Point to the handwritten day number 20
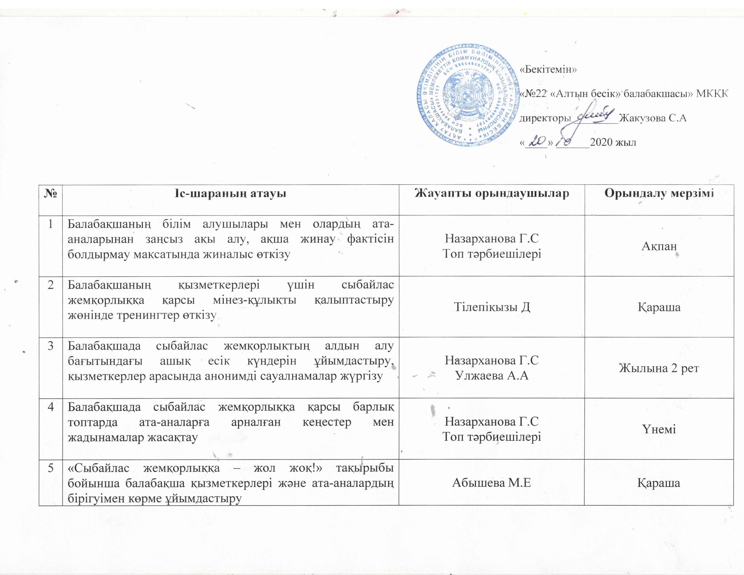pos(536,141)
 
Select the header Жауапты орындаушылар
pos(491,193)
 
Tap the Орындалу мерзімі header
pos(659,193)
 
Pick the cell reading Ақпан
pos(659,246)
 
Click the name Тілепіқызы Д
pos(491,307)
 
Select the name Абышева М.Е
pos(491,483)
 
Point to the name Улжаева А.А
pos(491,375)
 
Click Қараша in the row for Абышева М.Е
pos(659,483)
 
